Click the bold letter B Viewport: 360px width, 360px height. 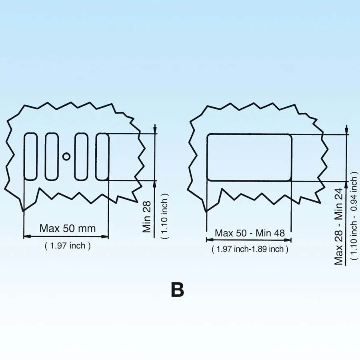point(178,290)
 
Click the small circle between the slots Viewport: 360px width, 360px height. point(66,156)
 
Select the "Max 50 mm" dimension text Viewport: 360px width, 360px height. point(68,228)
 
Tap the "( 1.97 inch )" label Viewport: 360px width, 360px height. point(68,246)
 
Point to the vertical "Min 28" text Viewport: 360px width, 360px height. point(147,217)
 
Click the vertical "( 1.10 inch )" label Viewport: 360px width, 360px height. point(165,216)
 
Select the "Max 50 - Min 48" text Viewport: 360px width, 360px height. point(250,233)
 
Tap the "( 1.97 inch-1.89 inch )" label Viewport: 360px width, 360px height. point(250,249)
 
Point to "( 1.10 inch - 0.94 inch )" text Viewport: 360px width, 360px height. point(354,216)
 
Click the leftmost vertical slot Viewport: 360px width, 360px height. point(31,156)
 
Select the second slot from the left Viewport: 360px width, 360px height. point(52,156)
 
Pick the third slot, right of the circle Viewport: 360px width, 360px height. point(81,156)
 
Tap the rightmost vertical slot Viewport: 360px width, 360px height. point(102,156)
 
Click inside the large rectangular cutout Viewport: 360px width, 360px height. point(250,157)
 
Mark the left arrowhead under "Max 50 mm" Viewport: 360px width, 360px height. point(27,236)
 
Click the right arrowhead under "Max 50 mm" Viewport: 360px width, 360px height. point(105,236)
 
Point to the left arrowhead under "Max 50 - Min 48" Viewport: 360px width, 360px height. point(210,240)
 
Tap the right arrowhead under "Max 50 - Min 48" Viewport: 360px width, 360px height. point(288,240)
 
